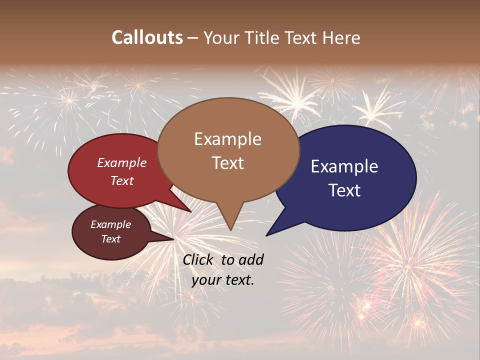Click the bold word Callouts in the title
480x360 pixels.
(147, 37)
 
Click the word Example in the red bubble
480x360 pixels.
(122, 162)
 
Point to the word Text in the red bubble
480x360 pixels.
(122, 180)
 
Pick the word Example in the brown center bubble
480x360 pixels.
(227, 139)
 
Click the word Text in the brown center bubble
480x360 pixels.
(227, 163)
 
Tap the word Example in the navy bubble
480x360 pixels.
(344, 166)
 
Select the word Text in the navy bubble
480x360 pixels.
(344, 190)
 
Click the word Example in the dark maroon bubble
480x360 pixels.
(110, 224)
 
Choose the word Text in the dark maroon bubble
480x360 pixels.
(110, 239)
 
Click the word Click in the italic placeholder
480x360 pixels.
(198, 259)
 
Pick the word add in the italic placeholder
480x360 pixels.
(251, 259)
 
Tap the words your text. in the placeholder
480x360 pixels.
(223, 280)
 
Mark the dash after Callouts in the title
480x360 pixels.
(193, 38)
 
